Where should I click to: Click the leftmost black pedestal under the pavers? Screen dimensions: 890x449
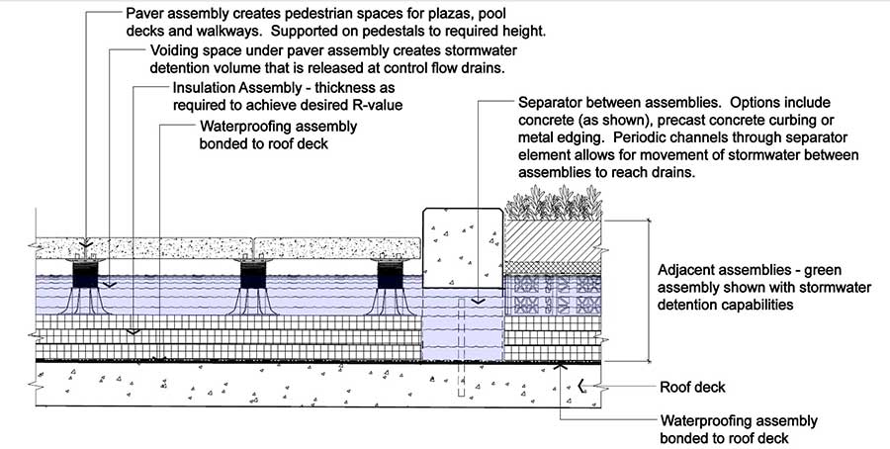pos(85,287)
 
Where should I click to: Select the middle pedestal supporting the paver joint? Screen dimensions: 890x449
pos(253,287)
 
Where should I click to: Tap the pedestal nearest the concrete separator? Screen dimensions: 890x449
pos(390,287)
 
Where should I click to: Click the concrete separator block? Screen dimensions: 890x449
pos(463,247)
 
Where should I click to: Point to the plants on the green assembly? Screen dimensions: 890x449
pos(554,203)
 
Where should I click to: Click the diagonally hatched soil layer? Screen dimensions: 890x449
pos(553,240)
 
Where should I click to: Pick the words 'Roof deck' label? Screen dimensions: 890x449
pos(692,388)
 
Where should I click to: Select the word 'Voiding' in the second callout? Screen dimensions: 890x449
pos(173,50)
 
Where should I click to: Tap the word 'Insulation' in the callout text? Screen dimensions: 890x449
pos(203,89)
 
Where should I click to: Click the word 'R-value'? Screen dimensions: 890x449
pos(379,105)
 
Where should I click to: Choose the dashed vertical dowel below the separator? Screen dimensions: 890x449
pos(462,347)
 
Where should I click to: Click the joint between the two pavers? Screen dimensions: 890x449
pos(253,247)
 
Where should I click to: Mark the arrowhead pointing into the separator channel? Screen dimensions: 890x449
pos(479,301)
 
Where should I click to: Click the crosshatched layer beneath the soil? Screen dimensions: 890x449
pos(553,268)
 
